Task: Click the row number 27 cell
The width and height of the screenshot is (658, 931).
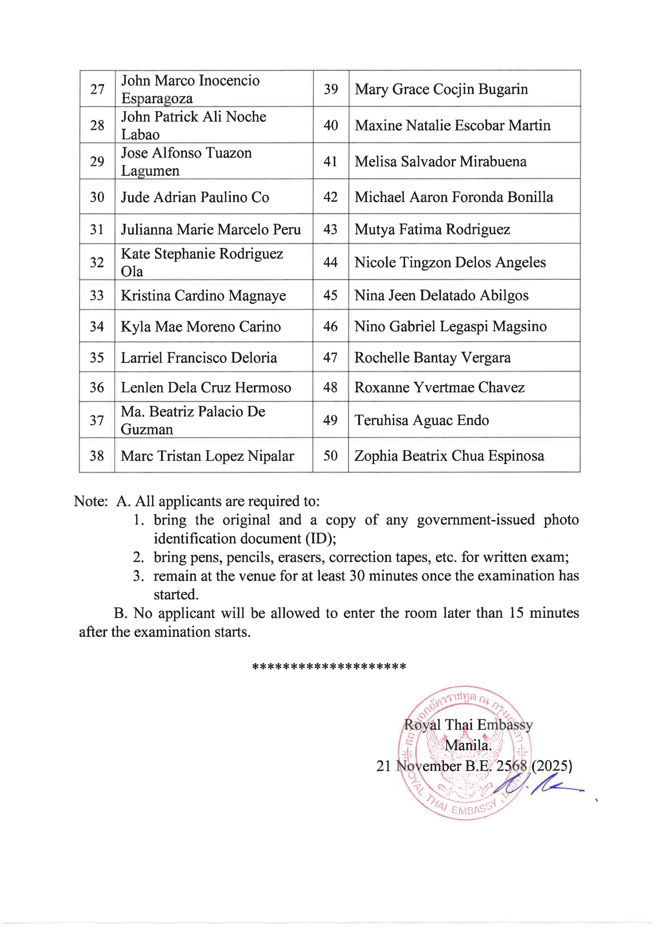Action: [97, 89]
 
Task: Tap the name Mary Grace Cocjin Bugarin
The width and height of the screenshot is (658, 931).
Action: [441, 89]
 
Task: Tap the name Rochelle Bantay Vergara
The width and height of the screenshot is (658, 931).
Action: [432, 358]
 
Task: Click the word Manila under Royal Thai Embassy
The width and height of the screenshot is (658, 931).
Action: [468, 745]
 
